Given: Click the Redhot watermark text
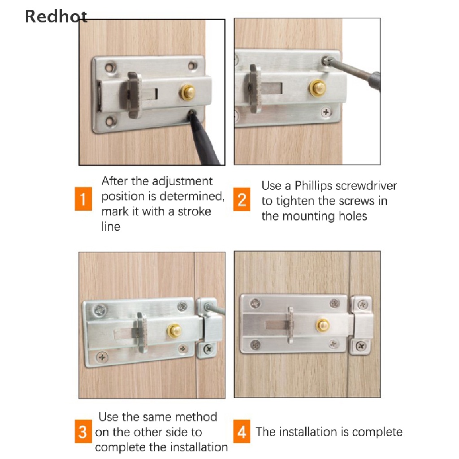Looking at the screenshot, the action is pyautogui.click(x=56, y=17).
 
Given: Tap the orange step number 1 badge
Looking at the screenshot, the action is pyautogui.click(x=83, y=199).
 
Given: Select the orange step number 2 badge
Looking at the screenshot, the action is pyautogui.click(x=242, y=199).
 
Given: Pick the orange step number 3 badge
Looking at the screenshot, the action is pyautogui.click(x=83, y=432).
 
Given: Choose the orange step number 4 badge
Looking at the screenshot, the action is pyautogui.click(x=242, y=432).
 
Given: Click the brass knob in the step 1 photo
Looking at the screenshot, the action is pyautogui.click(x=187, y=91).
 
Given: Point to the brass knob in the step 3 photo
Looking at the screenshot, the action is pyautogui.click(x=174, y=331).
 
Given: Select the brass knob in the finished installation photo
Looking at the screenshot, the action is pyautogui.click(x=323, y=325).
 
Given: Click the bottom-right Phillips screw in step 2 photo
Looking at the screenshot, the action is pyautogui.click(x=326, y=112).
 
